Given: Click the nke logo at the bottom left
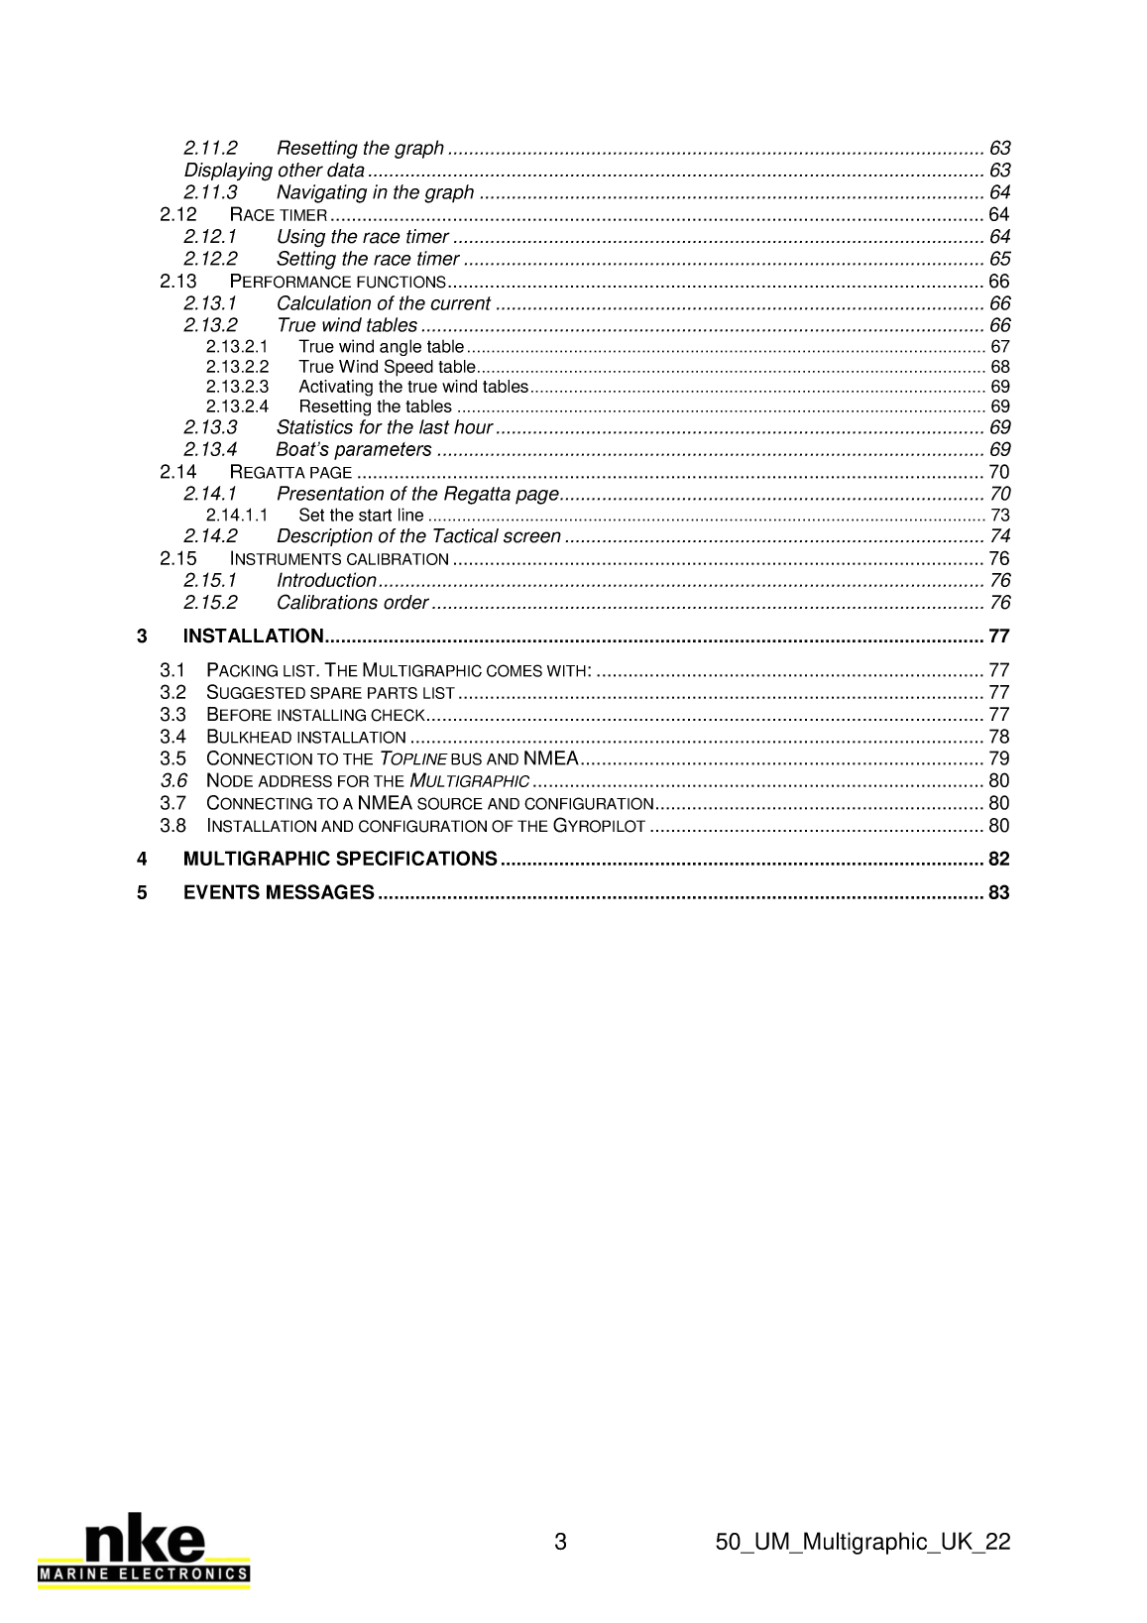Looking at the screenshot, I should tap(144, 1555).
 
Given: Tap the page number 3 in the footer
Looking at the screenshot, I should tap(560, 1543).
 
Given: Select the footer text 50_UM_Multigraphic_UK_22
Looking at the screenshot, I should tap(861, 1543).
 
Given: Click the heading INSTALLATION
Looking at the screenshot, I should tap(254, 637).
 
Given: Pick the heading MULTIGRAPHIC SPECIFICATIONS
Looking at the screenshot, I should tap(340, 859).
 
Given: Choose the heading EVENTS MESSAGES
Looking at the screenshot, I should tap(279, 893).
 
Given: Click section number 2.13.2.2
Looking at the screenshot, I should tap(237, 367).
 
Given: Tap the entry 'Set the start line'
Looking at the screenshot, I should tap(361, 516).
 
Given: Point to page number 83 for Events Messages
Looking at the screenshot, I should tap(998, 893).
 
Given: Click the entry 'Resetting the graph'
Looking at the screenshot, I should tap(360, 149).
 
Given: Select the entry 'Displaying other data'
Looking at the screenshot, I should tap(274, 171).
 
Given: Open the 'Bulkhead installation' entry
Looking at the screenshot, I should tap(305, 738).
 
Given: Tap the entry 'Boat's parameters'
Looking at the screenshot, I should tap(354, 450).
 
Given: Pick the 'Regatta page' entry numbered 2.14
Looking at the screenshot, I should tap(290, 472).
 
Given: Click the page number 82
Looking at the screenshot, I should tap(998, 859).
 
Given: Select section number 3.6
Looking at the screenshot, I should tap(173, 781).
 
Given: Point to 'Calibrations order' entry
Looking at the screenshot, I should tap(352, 603).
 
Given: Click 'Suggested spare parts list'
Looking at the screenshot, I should tap(330, 693).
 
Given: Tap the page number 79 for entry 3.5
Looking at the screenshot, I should tap(998, 759).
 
